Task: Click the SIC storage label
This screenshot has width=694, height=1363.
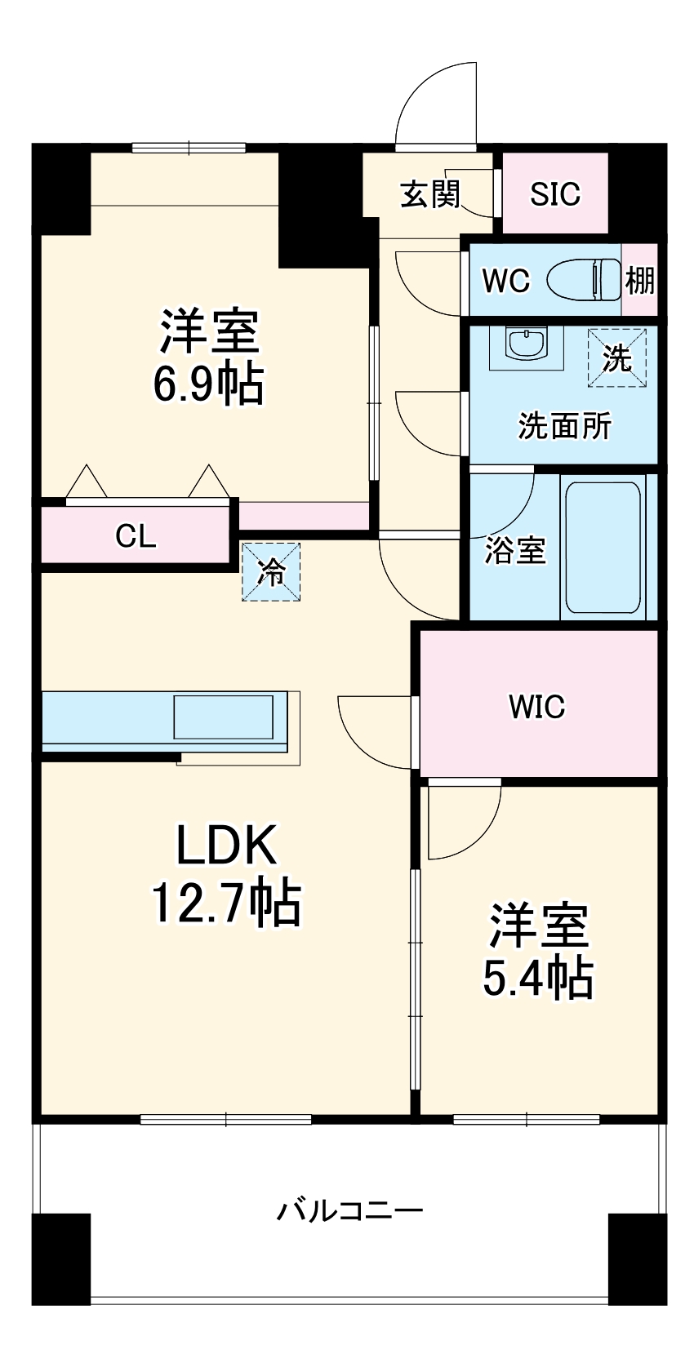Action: (x=554, y=194)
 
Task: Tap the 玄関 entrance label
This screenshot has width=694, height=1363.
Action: (x=430, y=194)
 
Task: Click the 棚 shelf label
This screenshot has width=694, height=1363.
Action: (x=639, y=281)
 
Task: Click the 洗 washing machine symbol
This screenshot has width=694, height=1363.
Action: (x=616, y=357)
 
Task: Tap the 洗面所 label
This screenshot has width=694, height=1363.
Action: (x=564, y=425)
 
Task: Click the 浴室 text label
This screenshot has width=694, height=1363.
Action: (x=514, y=550)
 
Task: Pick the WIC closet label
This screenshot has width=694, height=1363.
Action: (x=536, y=707)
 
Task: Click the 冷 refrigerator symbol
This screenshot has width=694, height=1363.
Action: (x=271, y=572)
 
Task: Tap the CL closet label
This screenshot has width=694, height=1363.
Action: (x=136, y=536)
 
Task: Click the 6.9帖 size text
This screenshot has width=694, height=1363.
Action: (x=209, y=384)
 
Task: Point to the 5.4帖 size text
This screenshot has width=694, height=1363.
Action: (x=538, y=977)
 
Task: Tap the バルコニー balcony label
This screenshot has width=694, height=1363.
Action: (x=349, y=1210)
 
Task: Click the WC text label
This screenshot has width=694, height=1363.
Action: (x=505, y=281)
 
